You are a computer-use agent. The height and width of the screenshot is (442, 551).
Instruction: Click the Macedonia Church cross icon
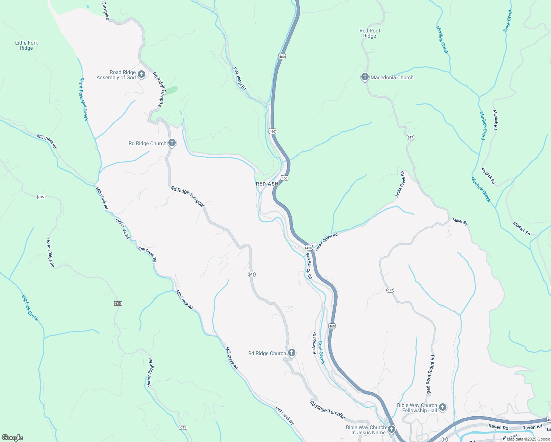[x=365, y=77]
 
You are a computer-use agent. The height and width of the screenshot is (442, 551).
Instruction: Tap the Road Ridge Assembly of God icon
[x=141, y=75]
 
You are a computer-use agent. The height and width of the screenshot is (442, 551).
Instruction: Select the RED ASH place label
[x=267, y=184]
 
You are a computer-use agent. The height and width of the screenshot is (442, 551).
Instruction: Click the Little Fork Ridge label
[x=27, y=45]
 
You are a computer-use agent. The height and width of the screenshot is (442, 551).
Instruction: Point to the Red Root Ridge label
[x=370, y=33]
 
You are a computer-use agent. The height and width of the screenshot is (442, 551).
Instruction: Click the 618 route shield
[x=252, y=274]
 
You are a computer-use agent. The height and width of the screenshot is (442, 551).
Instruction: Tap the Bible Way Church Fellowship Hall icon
[x=443, y=407]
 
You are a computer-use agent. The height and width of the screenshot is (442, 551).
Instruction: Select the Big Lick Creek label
[x=30, y=308]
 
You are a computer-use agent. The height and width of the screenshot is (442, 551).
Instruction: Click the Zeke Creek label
[x=508, y=21]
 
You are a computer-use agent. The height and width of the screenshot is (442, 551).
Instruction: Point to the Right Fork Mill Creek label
[x=84, y=99]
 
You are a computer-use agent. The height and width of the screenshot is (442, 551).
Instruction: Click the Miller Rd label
[x=460, y=221]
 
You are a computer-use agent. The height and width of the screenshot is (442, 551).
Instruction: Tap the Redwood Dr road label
[x=314, y=343]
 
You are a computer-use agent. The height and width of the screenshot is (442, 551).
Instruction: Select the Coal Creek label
[x=321, y=352]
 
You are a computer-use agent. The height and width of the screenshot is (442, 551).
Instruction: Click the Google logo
[x=13, y=438]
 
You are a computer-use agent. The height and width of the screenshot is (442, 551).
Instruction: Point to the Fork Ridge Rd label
[x=240, y=78]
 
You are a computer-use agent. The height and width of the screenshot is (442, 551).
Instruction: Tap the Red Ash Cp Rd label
[x=309, y=266]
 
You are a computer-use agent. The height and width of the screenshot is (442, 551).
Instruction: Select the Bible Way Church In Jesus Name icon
[x=392, y=429]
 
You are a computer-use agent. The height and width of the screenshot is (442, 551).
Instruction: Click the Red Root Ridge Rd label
[x=430, y=374]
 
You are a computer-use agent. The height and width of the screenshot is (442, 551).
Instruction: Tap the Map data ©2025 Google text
[x=528, y=439]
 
